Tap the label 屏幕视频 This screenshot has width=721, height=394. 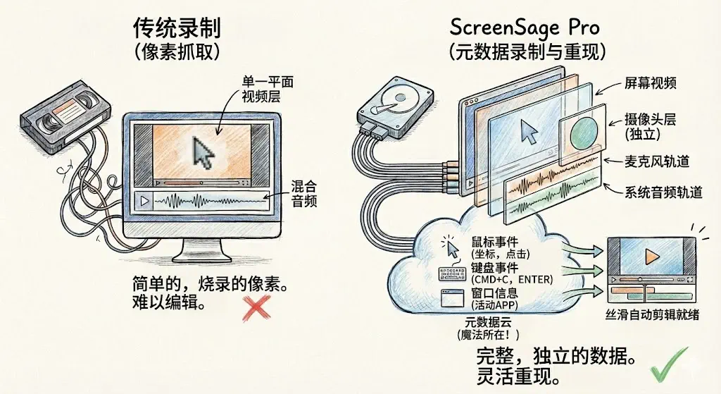(651, 84)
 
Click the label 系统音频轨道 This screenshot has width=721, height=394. (663, 192)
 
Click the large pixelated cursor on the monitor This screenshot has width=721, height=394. (203, 152)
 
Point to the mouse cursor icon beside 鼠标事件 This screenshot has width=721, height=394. (449, 246)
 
